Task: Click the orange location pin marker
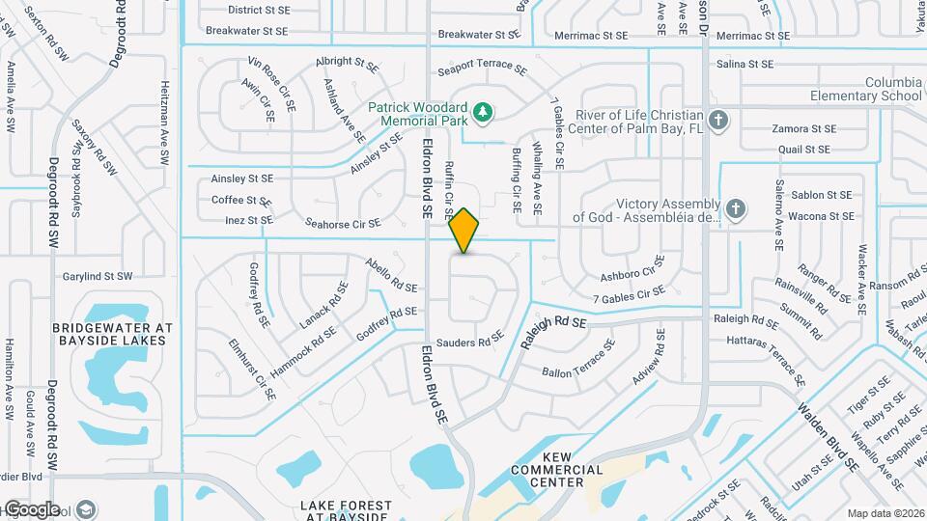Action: point(464,231)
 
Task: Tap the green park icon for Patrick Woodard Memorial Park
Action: point(484,115)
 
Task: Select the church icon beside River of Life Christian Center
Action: point(716,122)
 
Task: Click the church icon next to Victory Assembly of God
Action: point(736,209)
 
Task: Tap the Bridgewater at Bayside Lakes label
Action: point(112,335)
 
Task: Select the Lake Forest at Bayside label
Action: point(346,511)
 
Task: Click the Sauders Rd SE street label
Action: point(469,340)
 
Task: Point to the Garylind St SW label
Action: point(98,277)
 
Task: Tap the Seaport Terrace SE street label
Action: point(482,70)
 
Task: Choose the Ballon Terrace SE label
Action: point(578,366)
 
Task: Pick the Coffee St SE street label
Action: point(242,201)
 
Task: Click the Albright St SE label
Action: point(346,63)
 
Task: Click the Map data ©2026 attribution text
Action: point(885,513)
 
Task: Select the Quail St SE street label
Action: point(803,150)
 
